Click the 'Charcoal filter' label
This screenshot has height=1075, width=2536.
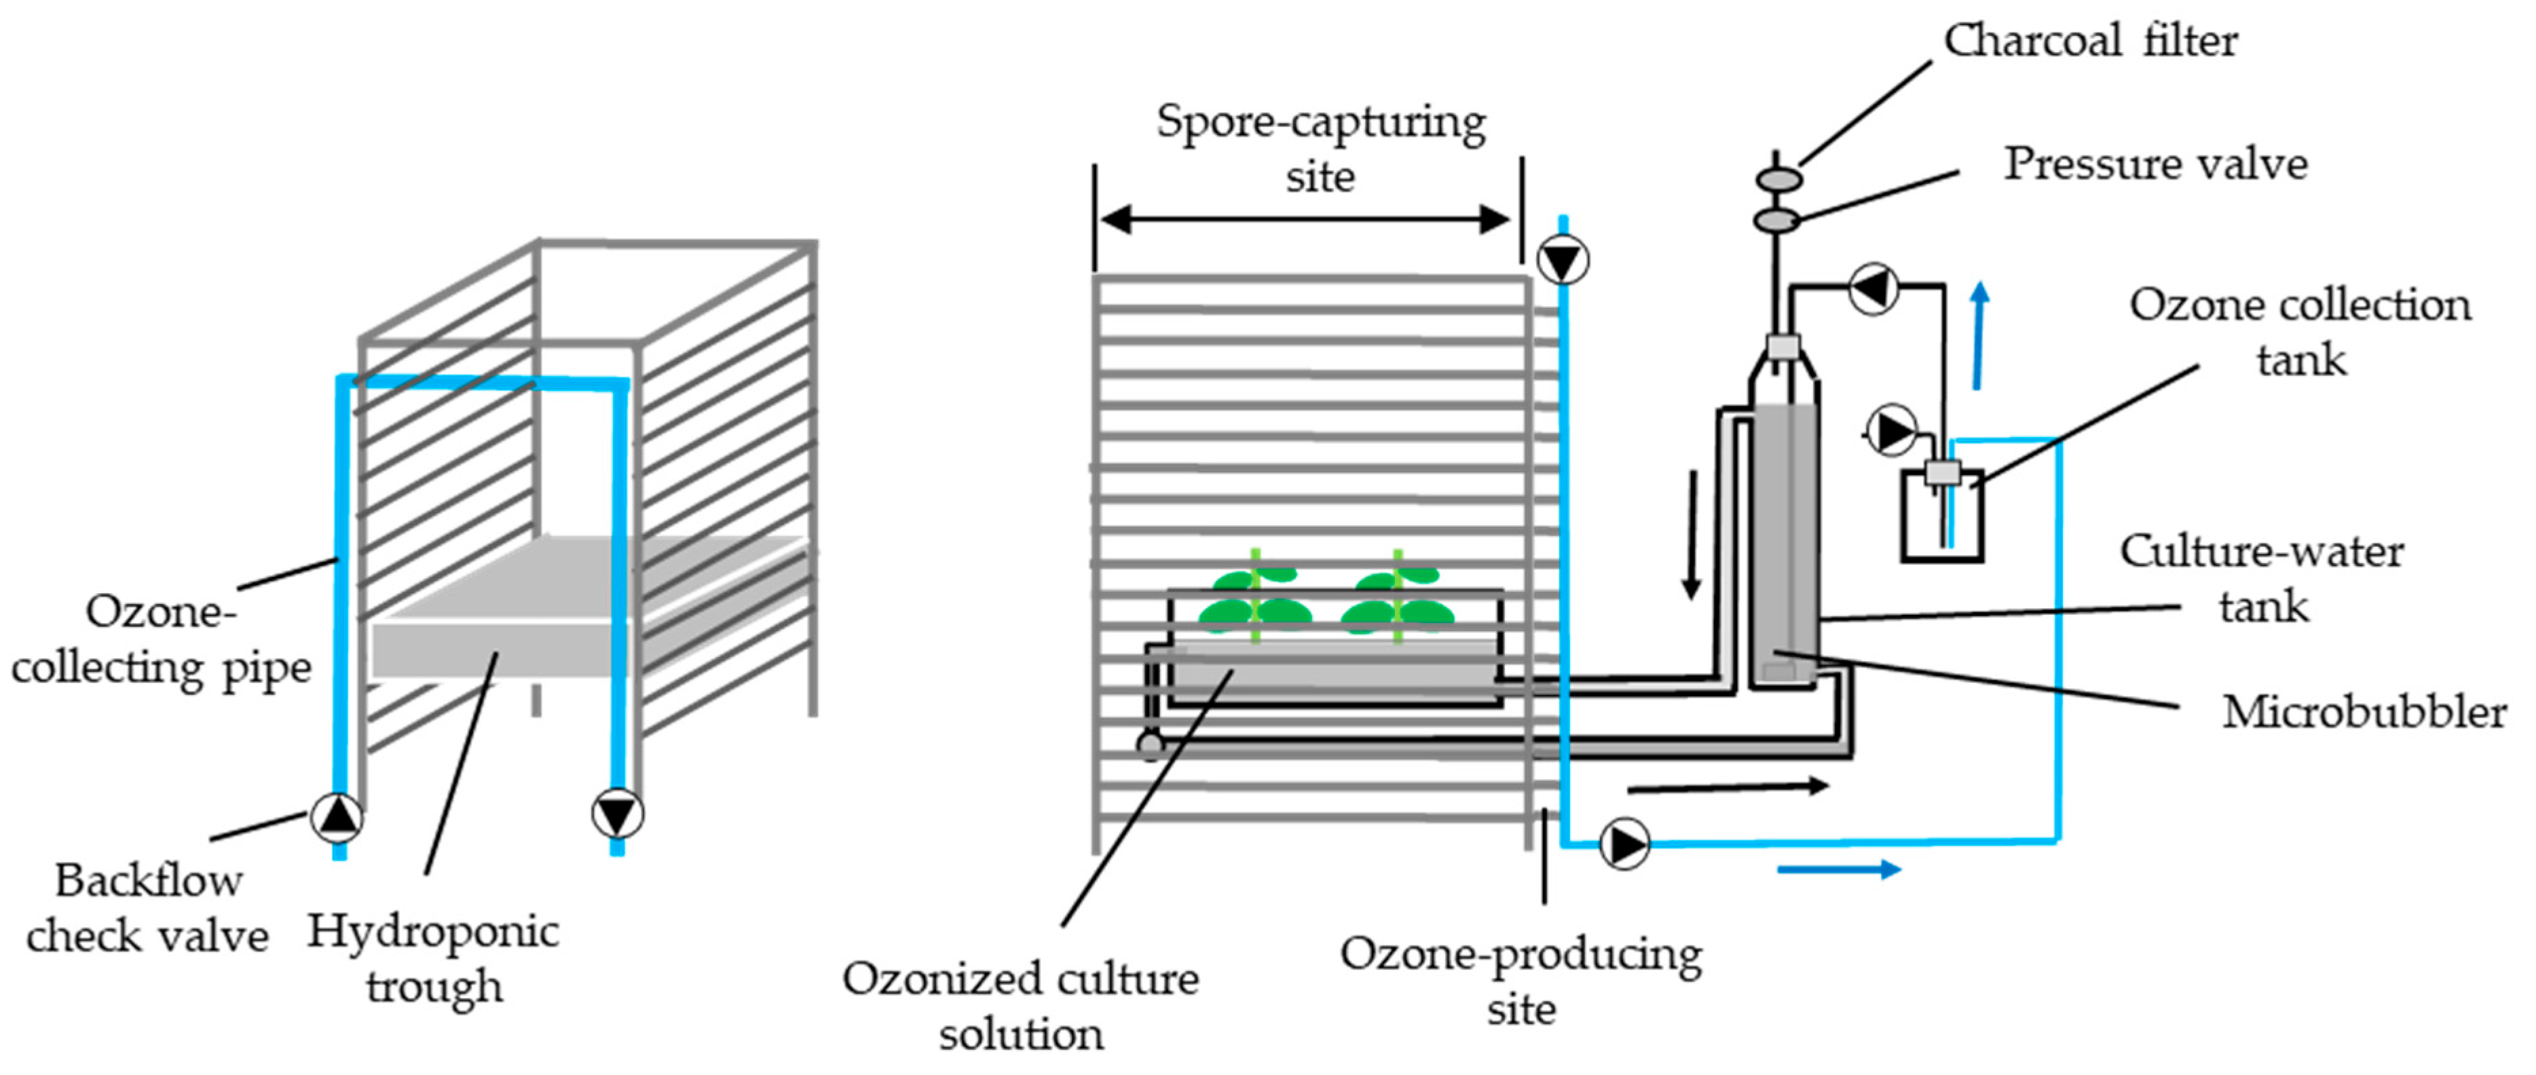tap(2089, 41)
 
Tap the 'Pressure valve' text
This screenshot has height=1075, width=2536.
tap(2155, 164)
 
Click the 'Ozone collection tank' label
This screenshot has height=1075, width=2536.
tap(2300, 333)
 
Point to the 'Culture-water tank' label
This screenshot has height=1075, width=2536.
tap(2261, 579)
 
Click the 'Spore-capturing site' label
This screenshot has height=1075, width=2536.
tap(1320, 149)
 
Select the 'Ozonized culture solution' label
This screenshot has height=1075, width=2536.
tap(1020, 1006)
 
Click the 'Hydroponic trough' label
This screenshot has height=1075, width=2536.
tap(433, 958)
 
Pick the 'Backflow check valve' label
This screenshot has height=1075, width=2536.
tap(148, 907)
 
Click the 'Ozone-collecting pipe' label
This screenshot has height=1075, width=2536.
tap(160, 640)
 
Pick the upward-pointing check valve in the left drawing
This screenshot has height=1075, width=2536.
tap(337, 816)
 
